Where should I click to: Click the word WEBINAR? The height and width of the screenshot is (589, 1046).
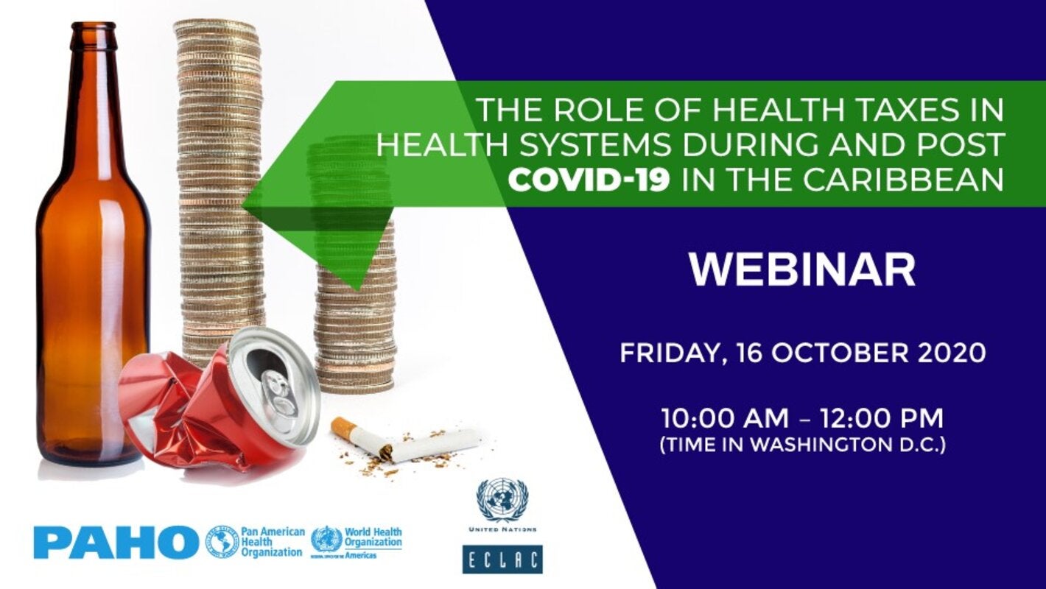click(802, 270)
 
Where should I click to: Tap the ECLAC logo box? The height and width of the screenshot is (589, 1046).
click(502, 559)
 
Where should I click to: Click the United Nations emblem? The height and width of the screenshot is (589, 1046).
click(502, 499)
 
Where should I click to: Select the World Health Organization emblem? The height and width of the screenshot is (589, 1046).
click(326, 540)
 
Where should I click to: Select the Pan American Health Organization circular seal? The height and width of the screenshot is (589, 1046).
click(221, 542)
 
